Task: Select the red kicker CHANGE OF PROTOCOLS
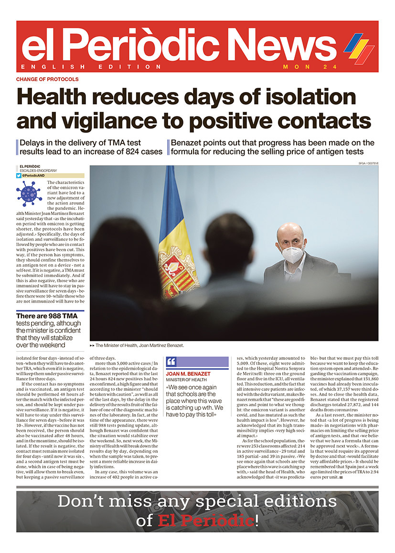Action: pyautogui.click(x=47, y=79)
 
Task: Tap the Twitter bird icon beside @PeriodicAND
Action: pyautogui.click(x=19, y=175)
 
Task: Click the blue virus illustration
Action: pyautogui.click(x=29, y=194)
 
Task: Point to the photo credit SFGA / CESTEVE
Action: pyautogui.click(x=366, y=163)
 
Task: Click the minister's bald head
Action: pyautogui.click(x=290, y=233)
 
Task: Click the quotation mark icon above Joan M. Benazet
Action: pyautogui.click(x=171, y=362)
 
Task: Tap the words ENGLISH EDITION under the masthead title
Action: pyautogui.click(x=91, y=67)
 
